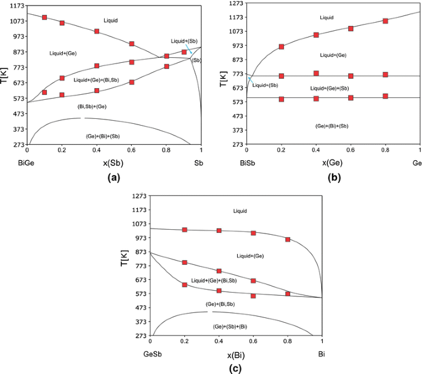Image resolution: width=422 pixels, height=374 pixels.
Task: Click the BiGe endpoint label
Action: click(x=27, y=163)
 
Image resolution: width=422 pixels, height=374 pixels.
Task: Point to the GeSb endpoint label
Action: click(x=152, y=355)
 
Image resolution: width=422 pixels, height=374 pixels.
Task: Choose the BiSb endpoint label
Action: click(x=248, y=163)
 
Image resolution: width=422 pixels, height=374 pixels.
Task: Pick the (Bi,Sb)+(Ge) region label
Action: click(x=92, y=106)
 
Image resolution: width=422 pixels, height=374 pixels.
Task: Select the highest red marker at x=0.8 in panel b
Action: click(x=385, y=21)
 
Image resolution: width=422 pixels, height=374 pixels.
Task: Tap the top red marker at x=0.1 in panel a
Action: click(x=44, y=17)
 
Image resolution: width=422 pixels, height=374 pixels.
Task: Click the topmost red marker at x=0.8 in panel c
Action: click(x=288, y=239)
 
